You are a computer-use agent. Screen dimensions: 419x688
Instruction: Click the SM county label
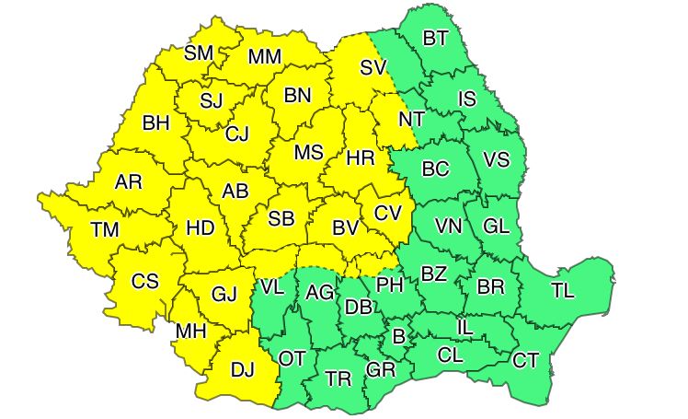198,52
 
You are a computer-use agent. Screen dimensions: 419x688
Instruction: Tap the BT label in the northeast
435,38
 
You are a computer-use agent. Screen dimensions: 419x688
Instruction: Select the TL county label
562,291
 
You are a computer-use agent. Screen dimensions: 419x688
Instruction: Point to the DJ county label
242,370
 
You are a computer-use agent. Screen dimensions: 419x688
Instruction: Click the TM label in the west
104,229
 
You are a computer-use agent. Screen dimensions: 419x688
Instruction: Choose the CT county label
525,360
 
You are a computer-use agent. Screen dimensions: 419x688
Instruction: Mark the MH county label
190,330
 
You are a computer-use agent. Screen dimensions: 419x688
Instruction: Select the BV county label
344,227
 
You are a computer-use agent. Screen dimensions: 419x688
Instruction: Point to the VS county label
496,159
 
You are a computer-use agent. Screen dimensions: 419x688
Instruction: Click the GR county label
380,370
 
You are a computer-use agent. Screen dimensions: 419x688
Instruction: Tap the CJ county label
237,134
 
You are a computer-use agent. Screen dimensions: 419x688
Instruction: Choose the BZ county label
433,273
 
